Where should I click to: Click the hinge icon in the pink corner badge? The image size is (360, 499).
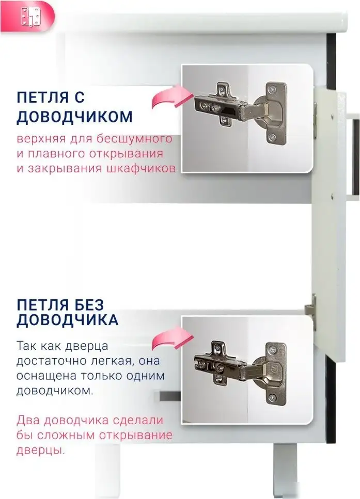point(29,18)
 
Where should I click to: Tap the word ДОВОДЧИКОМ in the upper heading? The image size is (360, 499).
point(75,116)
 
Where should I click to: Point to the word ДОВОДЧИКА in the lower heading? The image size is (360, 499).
point(68,319)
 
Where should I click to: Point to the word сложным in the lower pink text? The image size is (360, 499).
point(64,434)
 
